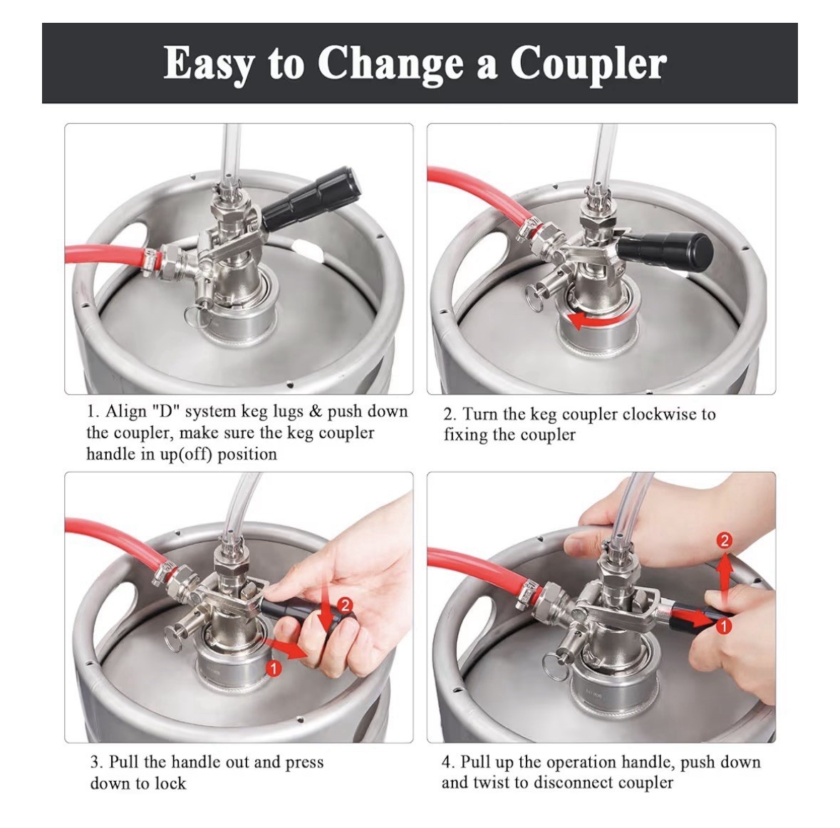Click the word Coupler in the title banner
(588, 64)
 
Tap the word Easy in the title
(208, 64)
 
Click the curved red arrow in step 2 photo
(598, 320)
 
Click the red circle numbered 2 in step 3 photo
(344, 606)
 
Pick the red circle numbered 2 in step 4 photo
(725, 541)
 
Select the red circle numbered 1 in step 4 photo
(722, 626)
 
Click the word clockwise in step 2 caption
(660, 414)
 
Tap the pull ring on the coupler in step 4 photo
(555, 667)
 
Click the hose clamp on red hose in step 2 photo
(527, 229)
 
